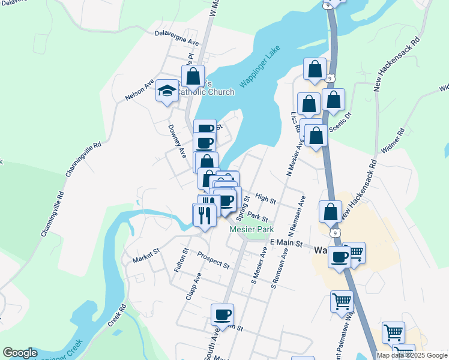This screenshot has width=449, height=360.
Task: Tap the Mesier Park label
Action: pyautogui.click(x=252, y=229)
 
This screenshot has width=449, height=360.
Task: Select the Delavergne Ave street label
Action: pyautogui.click(x=176, y=38)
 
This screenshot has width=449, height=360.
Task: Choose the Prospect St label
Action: pyautogui.click(x=213, y=260)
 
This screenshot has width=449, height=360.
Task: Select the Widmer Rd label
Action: pyautogui.click(x=393, y=142)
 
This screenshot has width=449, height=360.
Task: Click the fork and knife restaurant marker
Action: pyautogui.click(x=204, y=214)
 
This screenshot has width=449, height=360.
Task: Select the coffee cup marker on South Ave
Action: pyautogui.click(x=222, y=315)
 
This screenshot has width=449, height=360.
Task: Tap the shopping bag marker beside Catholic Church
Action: pyautogui.click(x=193, y=77)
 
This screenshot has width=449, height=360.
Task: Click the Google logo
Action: pyautogui.click(x=20, y=353)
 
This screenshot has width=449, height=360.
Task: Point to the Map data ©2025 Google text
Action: pyautogui.click(x=412, y=355)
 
